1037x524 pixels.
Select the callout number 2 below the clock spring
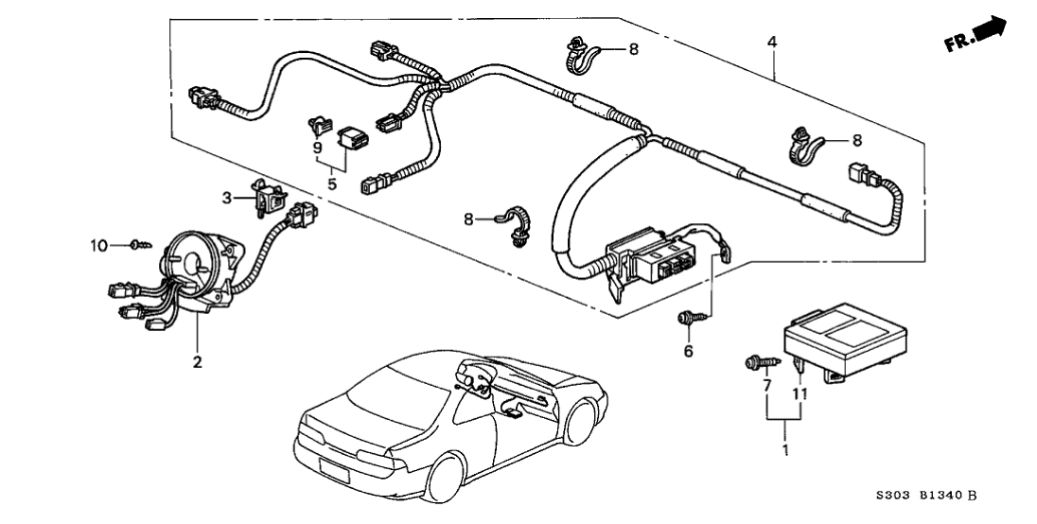[x=198, y=361]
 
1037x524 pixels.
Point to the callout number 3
[x=227, y=198]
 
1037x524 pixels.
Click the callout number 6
[x=689, y=352]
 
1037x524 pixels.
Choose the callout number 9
[x=317, y=148]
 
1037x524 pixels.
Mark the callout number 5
[x=332, y=183]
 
